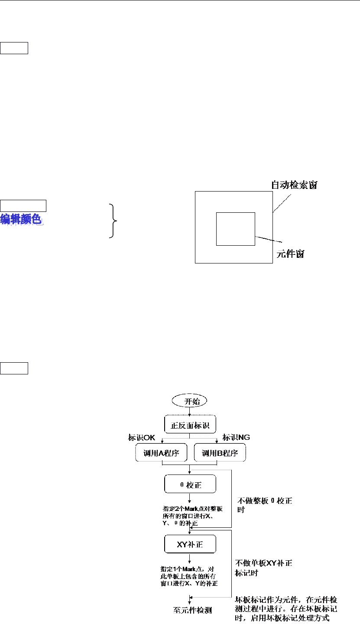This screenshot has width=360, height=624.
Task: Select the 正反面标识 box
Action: pos(189,425)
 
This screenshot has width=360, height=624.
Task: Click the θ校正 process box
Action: pos(189,484)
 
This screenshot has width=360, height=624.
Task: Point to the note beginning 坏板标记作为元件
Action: pos(286,608)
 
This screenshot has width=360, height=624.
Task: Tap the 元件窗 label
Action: pos(290,254)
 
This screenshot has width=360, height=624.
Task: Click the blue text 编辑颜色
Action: pos(22,219)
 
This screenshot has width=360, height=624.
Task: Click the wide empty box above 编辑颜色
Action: pos(23,205)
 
